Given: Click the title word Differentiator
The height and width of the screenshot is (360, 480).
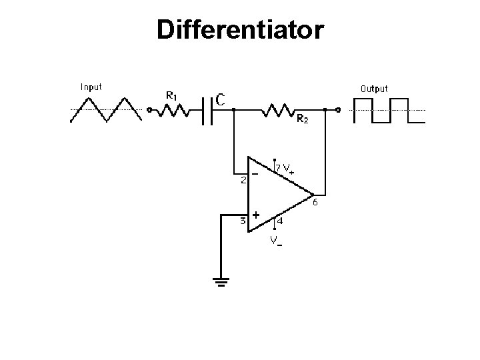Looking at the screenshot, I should pyautogui.click(x=240, y=29).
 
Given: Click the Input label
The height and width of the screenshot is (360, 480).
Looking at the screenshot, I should pyautogui.click(x=91, y=87).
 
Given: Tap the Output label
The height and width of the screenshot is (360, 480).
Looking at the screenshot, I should pyautogui.click(x=374, y=88).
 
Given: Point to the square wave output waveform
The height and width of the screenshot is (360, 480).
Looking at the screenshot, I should pyautogui.click(x=388, y=111).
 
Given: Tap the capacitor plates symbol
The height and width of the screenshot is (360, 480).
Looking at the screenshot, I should pyautogui.click(x=208, y=109).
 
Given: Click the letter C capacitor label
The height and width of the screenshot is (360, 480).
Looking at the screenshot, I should pyautogui.click(x=219, y=99).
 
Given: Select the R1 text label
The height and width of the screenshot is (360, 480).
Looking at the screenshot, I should pyautogui.click(x=171, y=95).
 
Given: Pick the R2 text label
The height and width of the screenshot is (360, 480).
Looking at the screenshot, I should pyautogui.click(x=302, y=120).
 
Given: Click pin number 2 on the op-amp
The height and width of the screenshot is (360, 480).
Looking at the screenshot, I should pyautogui.click(x=244, y=179).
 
